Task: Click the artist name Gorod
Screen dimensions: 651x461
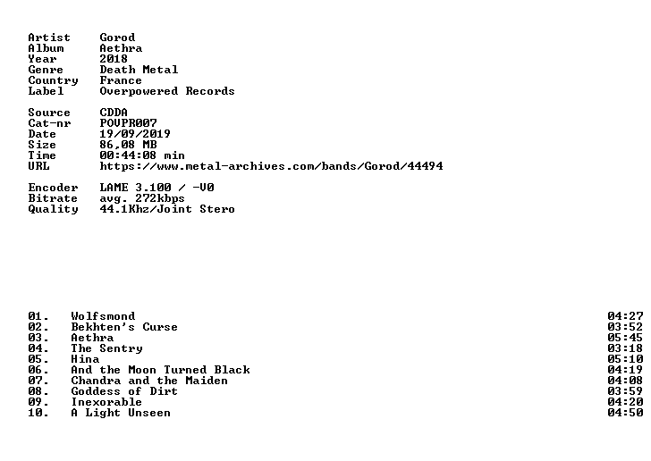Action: (117, 38)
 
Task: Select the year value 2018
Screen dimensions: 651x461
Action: (114, 59)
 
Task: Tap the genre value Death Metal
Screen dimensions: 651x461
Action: (139, 70)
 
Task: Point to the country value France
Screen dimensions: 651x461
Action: (121, 80)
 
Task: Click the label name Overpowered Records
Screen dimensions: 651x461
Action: (167, 91)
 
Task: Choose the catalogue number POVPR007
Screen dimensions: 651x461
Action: (128, 123)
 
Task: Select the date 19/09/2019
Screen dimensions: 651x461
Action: (135, 134)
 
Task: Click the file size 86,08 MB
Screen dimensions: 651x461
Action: (128, 145)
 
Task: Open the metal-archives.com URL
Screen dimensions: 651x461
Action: (272, 166)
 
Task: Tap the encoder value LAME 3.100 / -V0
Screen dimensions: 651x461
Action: (157, 188)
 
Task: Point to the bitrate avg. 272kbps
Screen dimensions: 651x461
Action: (142, 198)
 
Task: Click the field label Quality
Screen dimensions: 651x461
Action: (53, 209)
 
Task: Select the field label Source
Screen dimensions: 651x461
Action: (49, 113)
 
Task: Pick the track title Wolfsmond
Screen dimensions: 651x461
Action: (103, 316)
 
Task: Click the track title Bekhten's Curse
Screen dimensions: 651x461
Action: (124, 327)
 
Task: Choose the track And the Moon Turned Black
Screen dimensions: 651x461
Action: (161, 370)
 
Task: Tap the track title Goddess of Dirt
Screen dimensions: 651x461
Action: (124, 391)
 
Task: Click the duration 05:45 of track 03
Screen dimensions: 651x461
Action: (625, 338)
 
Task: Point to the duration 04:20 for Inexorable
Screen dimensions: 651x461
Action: (625, 403)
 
